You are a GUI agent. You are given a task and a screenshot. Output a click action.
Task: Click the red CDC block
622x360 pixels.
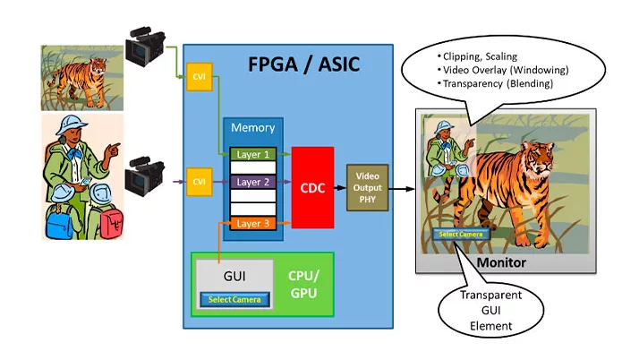pyautogui.click(x=312, y=188)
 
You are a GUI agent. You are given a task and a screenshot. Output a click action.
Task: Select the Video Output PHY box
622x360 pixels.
pyautogui.click(x=368, y=188)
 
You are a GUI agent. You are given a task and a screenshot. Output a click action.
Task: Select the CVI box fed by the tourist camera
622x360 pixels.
pyautogui.click(x=198, y=181)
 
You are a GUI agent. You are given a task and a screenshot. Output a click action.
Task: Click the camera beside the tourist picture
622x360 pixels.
pyautogui.click(x=142, y=176)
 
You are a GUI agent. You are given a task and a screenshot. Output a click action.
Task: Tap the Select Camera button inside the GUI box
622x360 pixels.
pyautogui.click(x=234, y=298)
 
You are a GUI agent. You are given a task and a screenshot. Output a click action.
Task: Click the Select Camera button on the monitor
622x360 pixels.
pyautogui.click(x=462, y=235)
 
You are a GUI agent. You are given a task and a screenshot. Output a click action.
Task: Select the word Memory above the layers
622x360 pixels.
pyautogui.click(x=252, y=128)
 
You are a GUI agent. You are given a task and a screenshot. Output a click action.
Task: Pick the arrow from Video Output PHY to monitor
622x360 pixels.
pyautogui.click(x=403, y=189)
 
